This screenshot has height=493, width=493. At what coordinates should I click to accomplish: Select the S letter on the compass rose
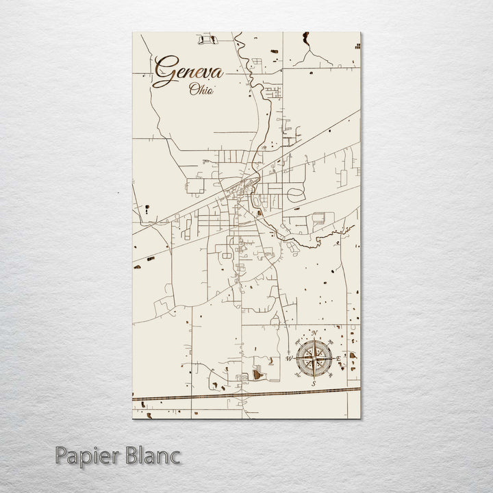point(313,383)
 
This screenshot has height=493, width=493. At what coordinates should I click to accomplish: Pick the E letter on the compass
point(338,357)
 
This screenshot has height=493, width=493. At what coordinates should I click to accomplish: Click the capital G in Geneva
point(164,70)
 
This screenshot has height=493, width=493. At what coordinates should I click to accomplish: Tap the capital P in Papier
point(61,455)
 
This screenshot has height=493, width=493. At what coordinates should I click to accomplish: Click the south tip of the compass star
point(313,376)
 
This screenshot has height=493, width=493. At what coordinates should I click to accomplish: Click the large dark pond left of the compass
point(258,374)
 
